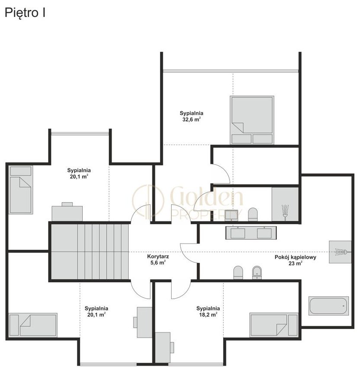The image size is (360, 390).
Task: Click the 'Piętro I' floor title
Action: (x=25, y=13)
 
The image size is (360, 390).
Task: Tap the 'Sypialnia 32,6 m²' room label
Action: (x=191, y=116)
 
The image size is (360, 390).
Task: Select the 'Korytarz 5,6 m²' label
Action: (x=158, y=259)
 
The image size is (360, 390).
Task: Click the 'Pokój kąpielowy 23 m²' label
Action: (x=295, y=260)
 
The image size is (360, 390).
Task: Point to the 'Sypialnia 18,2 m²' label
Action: (x=208, y=311)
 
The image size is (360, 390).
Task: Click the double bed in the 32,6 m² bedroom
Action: (x=252, y=120)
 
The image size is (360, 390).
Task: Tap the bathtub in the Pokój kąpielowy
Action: (x=328, y=306)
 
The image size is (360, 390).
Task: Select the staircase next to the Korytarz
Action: (x=90, y=251)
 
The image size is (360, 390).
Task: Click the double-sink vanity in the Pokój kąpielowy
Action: (x=251, y=233)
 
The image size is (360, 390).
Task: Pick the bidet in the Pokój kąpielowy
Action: (x=257, y=272)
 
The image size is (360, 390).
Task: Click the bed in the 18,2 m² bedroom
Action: (x=274, y=325)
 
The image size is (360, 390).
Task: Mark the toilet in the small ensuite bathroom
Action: (x=253, y=214)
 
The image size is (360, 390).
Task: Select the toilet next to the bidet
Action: (x=238, y=272)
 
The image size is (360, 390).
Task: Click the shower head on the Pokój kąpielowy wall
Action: (x=342, y=252)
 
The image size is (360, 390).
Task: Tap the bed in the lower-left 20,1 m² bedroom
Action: (x=33, y=325)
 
